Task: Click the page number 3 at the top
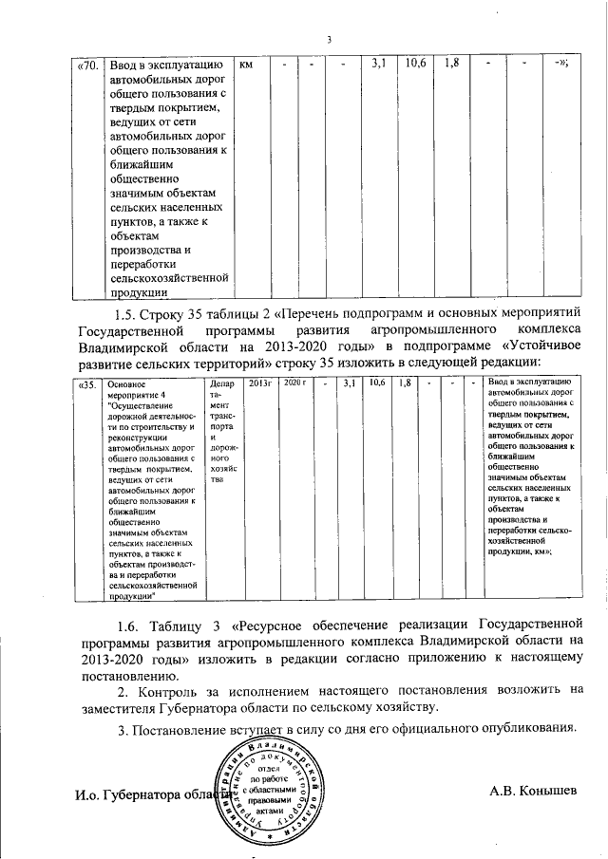[328, 39]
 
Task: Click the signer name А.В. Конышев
[533, 790]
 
